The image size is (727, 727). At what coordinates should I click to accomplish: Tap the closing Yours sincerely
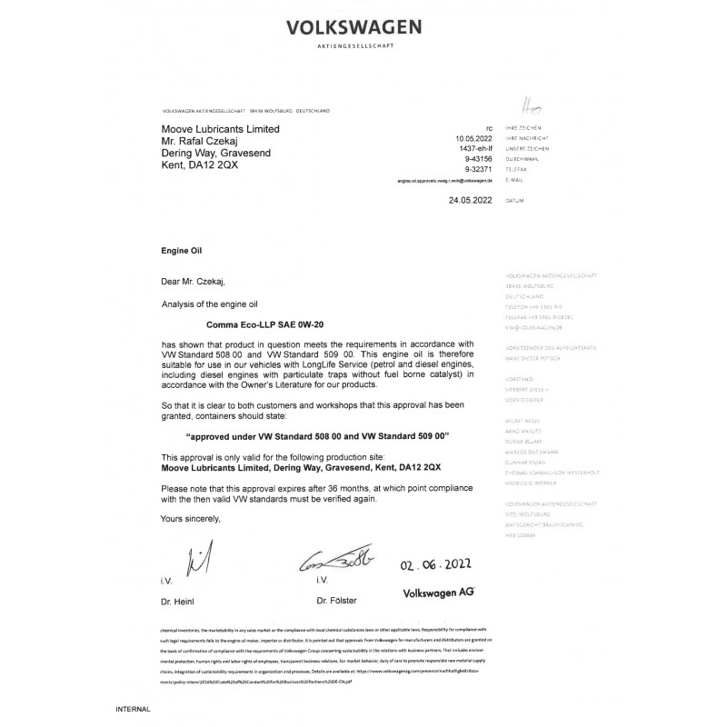click(x=191, y=518)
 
